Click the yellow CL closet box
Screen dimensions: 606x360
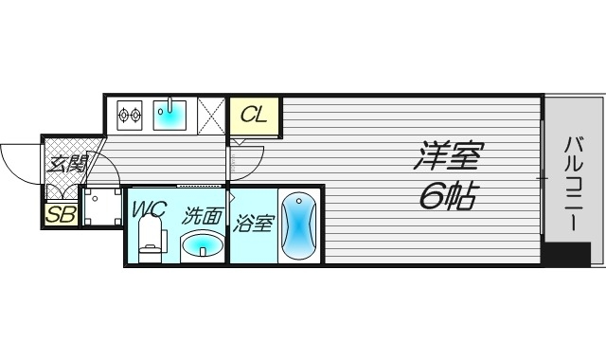[254, 116]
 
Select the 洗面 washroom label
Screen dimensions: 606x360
[202, 216]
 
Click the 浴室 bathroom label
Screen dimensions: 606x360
[254, 223]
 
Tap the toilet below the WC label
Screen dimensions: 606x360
[149, 245]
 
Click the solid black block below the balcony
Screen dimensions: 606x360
[566, 254]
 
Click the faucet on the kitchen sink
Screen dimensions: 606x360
[171, 103]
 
